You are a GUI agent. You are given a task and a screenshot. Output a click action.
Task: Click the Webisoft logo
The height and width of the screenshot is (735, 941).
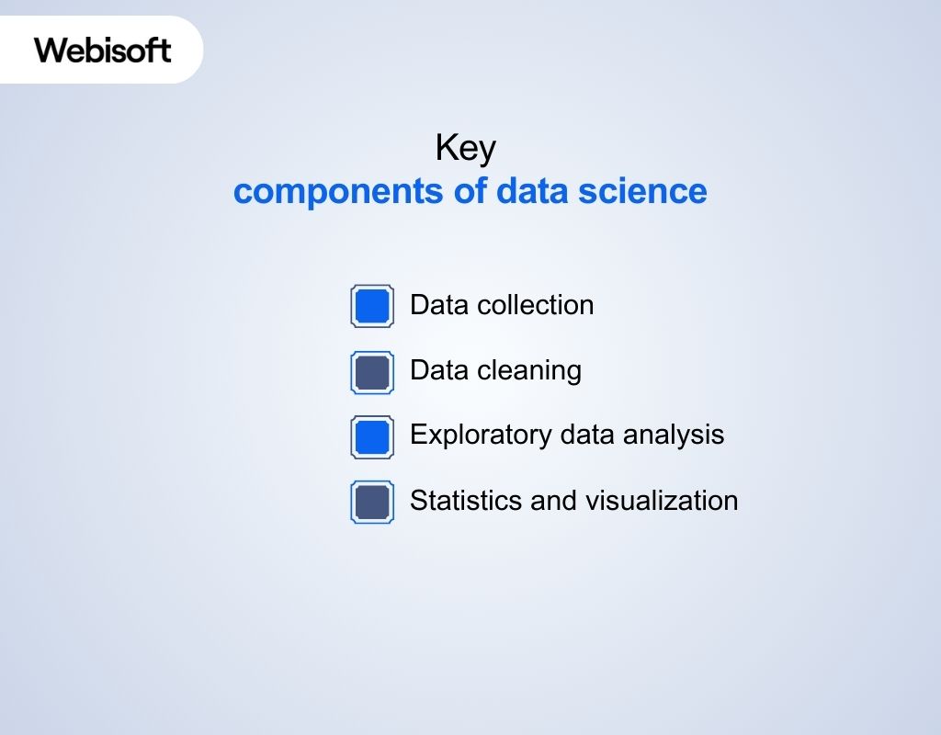[103, 50]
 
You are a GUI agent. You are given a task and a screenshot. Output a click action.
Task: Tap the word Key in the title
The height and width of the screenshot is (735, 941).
[465, 149]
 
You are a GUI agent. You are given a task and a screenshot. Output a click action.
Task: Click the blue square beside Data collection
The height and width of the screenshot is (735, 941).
[372, 306]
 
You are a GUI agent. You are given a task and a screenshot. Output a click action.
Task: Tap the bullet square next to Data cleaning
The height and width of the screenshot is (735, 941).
[372, 372]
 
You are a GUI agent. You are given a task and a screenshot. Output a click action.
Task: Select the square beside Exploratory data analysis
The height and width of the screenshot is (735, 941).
[372, 436]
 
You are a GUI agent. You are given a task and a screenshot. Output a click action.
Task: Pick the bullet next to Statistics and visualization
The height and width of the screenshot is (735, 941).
[372, 502]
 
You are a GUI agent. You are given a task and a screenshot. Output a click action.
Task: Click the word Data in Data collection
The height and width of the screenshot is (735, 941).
[437, 305]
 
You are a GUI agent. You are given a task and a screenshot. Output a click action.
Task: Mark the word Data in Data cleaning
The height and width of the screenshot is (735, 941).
[437, 370]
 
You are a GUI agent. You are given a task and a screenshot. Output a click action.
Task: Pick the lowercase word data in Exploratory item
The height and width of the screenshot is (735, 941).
[585, 435]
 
